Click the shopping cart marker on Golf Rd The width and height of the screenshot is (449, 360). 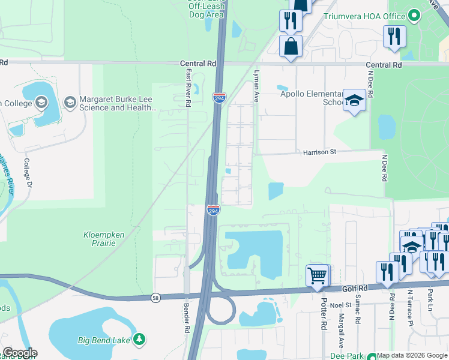pyautogui.click(x=317, y=275)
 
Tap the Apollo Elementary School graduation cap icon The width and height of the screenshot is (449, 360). pyautogui.click(x=354, y=100)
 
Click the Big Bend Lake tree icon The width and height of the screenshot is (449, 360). pyautogui.click(x=139, y=340)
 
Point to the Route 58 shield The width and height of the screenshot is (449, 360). pyautogui.click(x=155, y=298)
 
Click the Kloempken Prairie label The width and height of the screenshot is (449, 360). pyautogui.click(x=104, y=235)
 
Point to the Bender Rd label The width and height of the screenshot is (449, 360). pyautogui.click(x=186, y=322)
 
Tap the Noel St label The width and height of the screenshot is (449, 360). pyautogui.click(x=337, y=305)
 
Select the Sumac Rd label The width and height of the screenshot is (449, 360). pyautogui.click(x=358, y=312)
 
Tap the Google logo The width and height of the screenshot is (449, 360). pyautogui.click(x=19, y=353)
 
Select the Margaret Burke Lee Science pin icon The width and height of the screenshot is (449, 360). pyautogui.click(x=70, y=103)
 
